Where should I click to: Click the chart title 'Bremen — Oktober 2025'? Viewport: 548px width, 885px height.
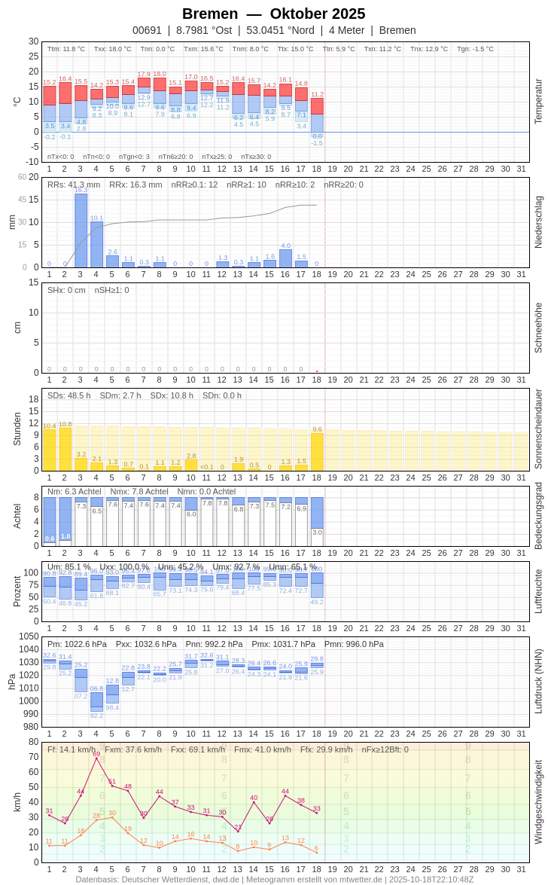[274, 14]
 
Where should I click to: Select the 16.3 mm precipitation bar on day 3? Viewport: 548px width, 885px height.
[81, 230]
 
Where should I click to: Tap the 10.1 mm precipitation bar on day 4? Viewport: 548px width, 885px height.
[96, 245]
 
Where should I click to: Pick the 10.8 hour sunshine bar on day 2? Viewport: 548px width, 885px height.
[65, 449]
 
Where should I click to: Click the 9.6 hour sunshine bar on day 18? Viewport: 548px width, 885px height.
[317, 451]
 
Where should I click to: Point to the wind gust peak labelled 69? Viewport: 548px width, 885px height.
[96, 758]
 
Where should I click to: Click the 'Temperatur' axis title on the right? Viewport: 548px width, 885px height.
[538, 102]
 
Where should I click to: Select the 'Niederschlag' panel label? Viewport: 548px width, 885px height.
[538, 222]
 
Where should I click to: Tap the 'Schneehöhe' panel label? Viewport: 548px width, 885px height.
[538, 328]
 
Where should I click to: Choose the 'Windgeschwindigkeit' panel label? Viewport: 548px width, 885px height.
[538, 801]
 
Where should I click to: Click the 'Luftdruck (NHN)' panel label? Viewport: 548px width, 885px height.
[538, 682]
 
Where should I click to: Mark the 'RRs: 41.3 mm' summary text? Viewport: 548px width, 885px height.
[74, 185]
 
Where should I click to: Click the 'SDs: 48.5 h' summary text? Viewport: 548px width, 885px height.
[69, 395]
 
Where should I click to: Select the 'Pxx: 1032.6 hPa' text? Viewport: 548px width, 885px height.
[146, 644]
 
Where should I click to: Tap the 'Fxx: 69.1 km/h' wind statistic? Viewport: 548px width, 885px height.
[198, 749]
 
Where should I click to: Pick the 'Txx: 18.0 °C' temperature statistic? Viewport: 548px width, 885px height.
[112, 49]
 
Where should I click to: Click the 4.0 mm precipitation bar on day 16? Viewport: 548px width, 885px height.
[285, 258]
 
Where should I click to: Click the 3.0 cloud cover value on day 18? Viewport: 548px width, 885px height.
[317, 532]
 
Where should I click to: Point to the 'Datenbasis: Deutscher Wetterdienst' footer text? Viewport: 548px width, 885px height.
[159, 879]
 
